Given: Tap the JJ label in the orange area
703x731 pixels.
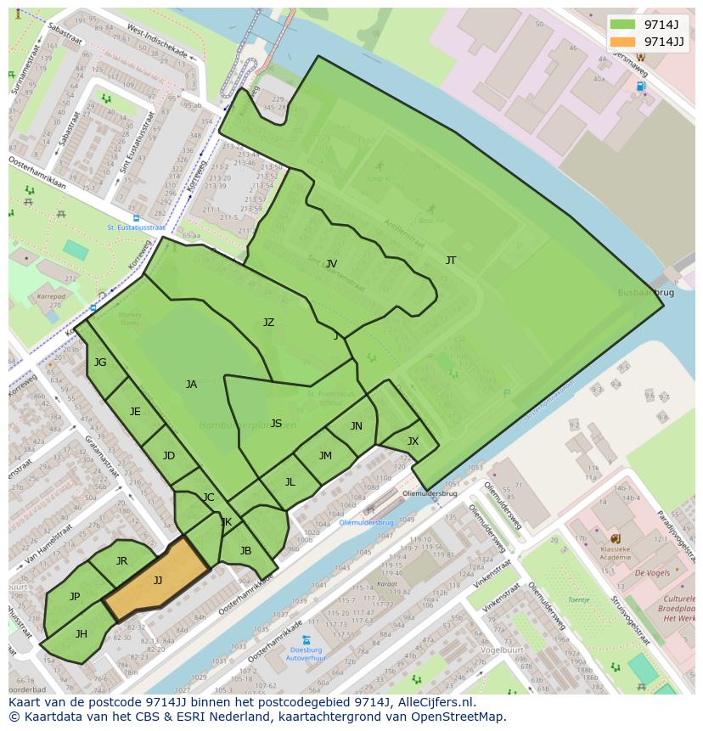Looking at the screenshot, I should coord(158,581).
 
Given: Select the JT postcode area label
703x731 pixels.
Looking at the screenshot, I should coord(451,261).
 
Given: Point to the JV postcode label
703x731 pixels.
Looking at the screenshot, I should coord(332,264).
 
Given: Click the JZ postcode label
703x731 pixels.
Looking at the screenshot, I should coord(268,323).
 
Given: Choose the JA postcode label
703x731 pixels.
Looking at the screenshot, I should coord(191,385).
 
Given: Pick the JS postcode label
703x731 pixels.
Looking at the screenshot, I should coord(276,424).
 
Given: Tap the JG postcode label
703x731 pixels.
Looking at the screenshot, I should coord(100,363).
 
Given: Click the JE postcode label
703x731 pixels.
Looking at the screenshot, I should coord(135,412).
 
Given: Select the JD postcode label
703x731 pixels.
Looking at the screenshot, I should coord(169,456).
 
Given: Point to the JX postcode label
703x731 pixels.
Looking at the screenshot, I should coord(413,441).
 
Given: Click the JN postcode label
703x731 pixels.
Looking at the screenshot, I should coord(357,426).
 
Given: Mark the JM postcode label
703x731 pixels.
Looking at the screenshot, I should coord(325,456).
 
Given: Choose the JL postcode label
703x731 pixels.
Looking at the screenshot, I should coord(290,482).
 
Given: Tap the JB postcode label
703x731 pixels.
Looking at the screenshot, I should coord(245,550).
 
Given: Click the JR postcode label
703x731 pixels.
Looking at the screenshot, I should coord(121,561).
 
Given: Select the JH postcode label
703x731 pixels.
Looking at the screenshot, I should coord(82,634).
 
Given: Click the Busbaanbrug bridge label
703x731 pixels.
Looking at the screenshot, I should coord(646,292).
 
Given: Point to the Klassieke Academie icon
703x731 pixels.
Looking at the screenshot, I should coord(615,538).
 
